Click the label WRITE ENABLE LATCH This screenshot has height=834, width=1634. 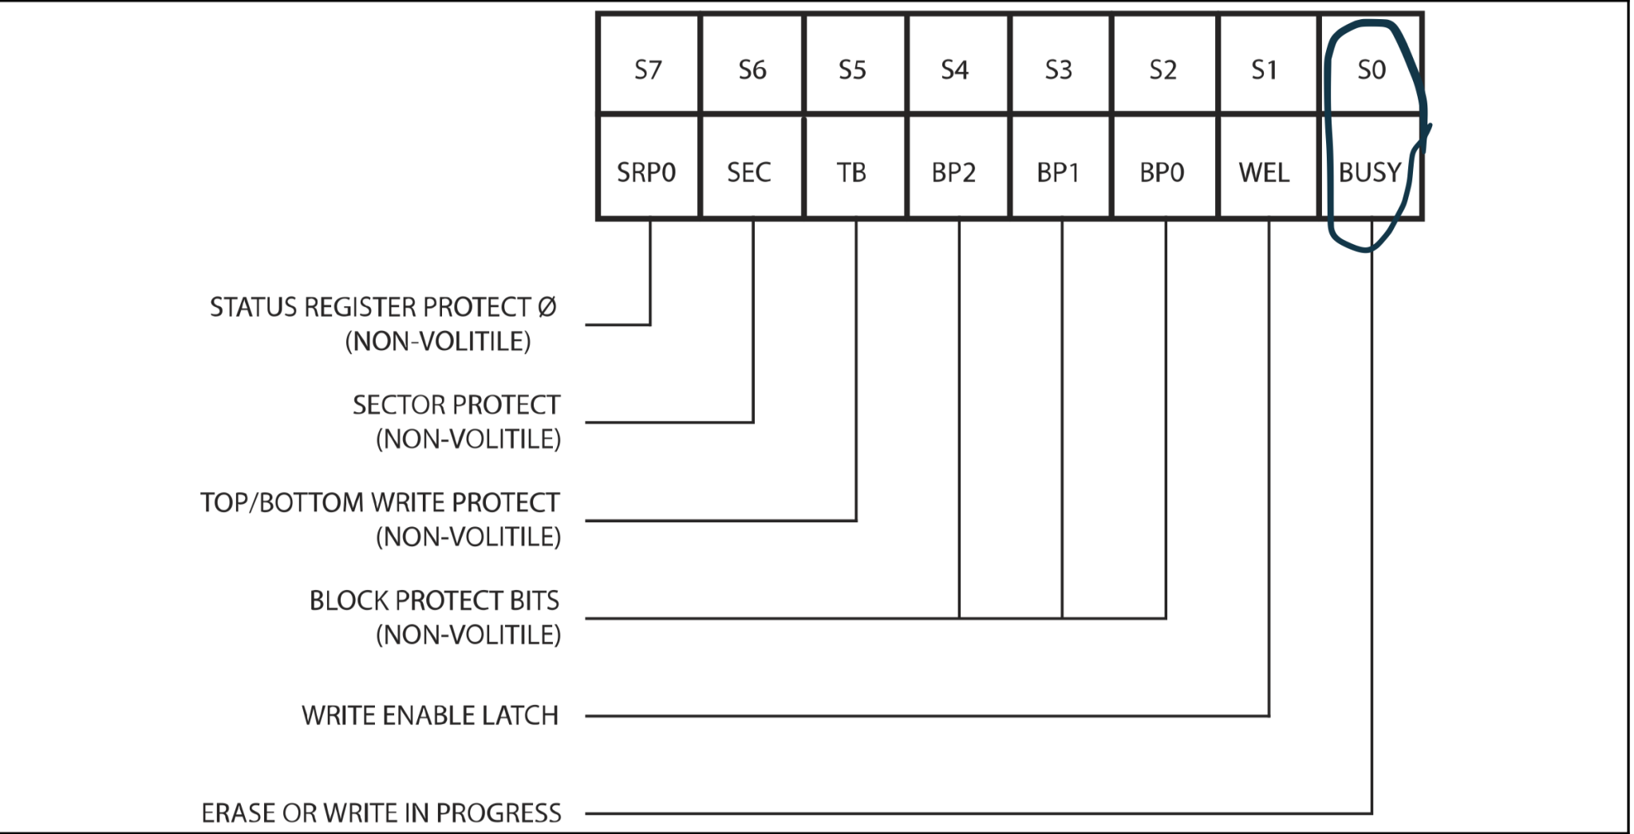430,715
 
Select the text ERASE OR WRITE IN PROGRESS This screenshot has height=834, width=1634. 381,812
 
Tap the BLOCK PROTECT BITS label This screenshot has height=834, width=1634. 435,600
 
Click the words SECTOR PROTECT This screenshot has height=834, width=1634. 456,405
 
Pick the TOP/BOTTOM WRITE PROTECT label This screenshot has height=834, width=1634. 381,502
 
